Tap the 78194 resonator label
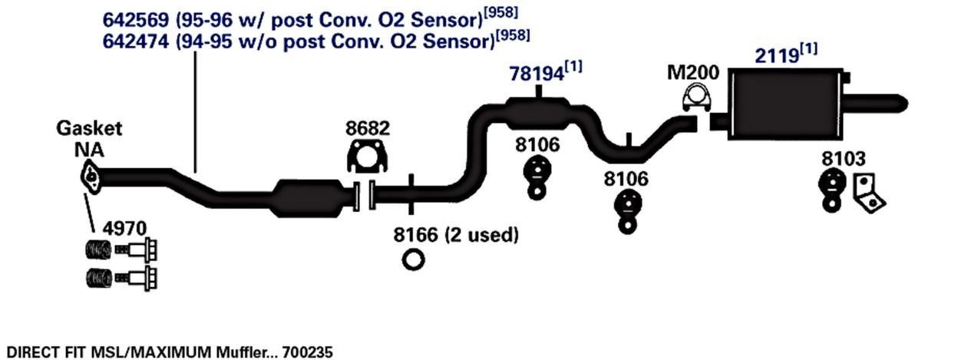click(x=536, y=74)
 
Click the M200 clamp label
click(x=693, y=74)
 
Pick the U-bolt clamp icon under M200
click(x=696, y=100)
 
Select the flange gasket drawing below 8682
click(x=367, y=157)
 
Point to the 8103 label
click(x=843, y=159)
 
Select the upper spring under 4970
click(x=97, y=250)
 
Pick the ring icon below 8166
click(x=413, y=259)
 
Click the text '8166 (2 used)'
click(x=456, y=235)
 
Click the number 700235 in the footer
click(x=308, y=352)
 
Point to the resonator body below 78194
click(x=537, y=113)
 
